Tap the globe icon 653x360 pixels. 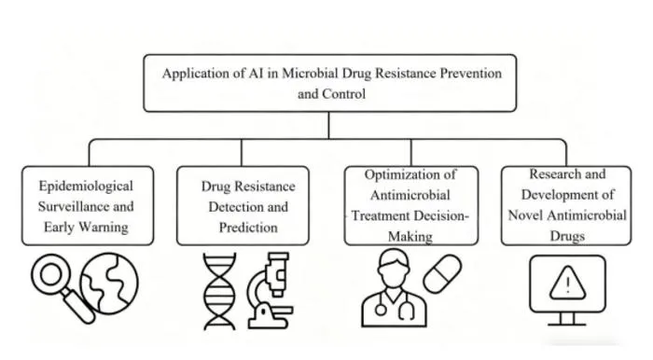click(109, 284)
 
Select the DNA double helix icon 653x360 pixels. click(219, 291)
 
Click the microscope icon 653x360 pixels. click(270, 291)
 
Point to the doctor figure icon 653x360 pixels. click(394, 288)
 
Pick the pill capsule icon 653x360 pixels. click(442, 274)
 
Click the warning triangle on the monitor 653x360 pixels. click(567, 284)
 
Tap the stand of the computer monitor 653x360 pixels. click(567, 319)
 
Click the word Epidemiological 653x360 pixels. click(86, 187)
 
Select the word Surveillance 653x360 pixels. click(71, 206)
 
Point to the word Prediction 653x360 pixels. click(248, 228)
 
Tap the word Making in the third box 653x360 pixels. click(410, 237)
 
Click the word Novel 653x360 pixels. click(525, 215)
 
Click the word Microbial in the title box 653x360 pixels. click(310, 74)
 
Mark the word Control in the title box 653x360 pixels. click(346, 94)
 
